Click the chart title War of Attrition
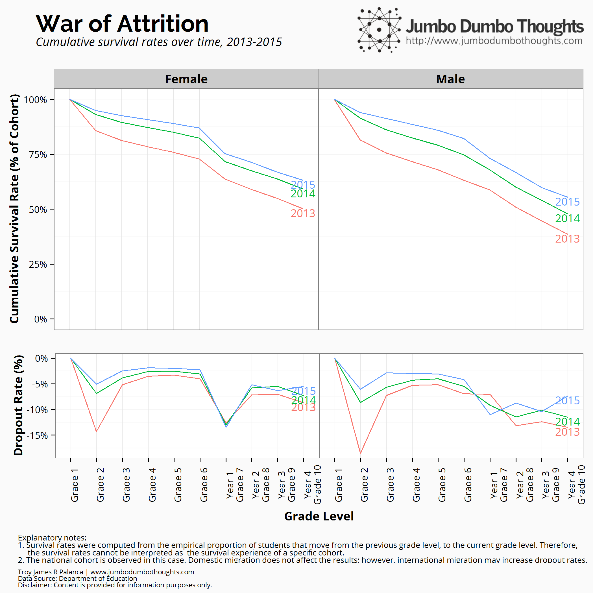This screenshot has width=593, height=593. point(122,24)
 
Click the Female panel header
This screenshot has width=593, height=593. point(186,79)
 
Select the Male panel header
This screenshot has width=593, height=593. point(450,79)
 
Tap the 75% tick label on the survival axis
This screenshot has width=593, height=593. point(38,154)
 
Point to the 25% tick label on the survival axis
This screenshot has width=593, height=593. point(38,264)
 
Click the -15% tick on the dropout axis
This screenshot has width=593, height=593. point(37,435)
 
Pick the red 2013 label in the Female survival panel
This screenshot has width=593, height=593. point(303,213)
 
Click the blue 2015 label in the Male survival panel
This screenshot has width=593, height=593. point(567,202)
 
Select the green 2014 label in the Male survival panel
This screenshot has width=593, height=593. point(567,218)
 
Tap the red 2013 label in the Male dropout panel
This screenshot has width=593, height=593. point(567,432)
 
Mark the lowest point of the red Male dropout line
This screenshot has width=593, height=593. point(360,453)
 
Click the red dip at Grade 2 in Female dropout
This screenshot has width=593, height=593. point(96,431)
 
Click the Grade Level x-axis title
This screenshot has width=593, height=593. point(319,516)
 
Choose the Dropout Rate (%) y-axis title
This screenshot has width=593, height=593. point(18,405)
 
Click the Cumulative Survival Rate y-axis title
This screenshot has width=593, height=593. point(14,209)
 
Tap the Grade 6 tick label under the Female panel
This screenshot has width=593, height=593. point(204,485)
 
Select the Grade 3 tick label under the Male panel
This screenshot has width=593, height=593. point(390,485)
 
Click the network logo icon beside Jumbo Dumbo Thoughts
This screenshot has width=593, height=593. point(379,30)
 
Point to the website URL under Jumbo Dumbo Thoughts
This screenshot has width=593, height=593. point(494,40)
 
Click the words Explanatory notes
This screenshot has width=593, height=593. point(52,538)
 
